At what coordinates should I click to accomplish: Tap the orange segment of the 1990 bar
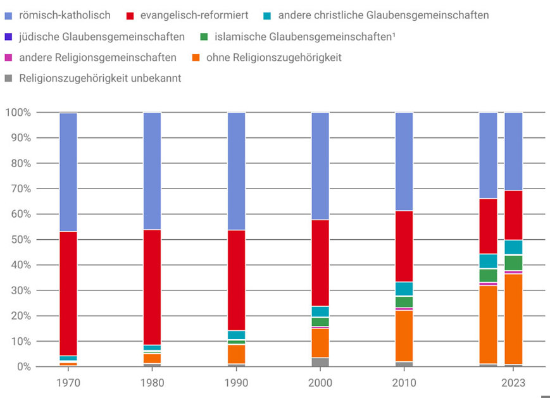pyautogui.click(x=236, y=354)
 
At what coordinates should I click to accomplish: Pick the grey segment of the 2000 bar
pyautogui.click(x=320, y=363)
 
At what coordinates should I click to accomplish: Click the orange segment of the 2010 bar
pyautogui.click(x=404, y=336)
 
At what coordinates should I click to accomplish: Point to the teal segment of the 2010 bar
pyautogui.click(x=404, y=289)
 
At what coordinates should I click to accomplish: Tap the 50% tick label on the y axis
pyautogui.click(x=18, y=240)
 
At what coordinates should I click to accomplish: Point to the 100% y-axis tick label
pyautogui.click(x=17, y=113)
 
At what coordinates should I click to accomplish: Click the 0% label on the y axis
pyautogui.click(x=23, y=367)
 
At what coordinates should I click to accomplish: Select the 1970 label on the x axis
pyautogui.click(x=68, y=383)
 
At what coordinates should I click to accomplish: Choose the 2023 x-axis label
pyautogui.click(x=513, y=383)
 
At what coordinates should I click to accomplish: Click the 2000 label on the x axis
pyautogui.click(x=320, y=383)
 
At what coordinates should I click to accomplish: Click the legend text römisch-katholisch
pyautogui.click(x=65, y=15)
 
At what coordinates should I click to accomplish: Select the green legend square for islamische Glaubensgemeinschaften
pyautogui.click(x=203, y=37)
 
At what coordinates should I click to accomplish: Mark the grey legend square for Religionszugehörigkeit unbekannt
pyautogui.click(x=8, y=78)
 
